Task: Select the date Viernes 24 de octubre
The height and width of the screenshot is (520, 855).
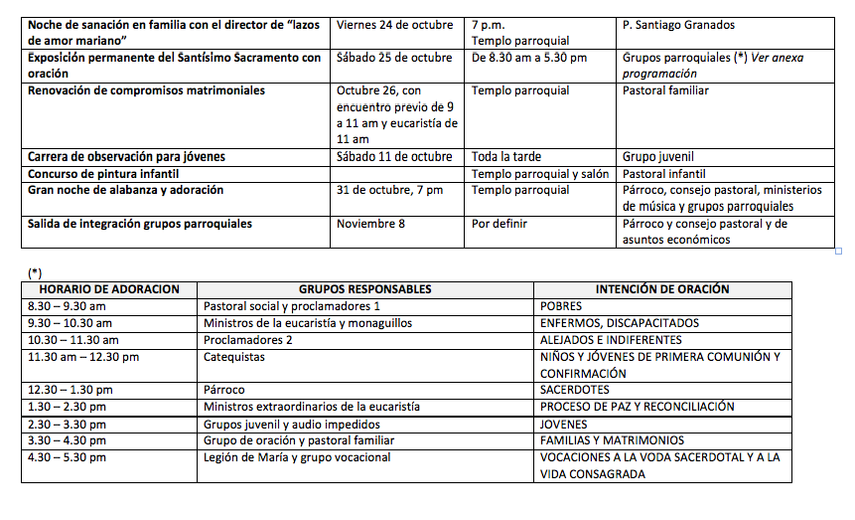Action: pos(394,25)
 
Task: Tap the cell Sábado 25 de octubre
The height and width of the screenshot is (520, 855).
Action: pos(394,58)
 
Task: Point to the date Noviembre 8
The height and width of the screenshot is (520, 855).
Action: pos(370,224)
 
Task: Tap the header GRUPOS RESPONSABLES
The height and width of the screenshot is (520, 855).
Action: pos(364,289)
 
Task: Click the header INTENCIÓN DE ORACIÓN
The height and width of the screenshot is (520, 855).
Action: pos(662,289)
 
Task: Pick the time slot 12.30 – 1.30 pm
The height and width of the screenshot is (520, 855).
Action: pos(70,390)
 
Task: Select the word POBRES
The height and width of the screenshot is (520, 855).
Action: pos(562,306)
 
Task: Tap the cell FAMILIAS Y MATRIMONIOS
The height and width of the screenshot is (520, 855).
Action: pos(612,440)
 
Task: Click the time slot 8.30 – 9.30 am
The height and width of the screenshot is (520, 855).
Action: pos(67,306)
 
